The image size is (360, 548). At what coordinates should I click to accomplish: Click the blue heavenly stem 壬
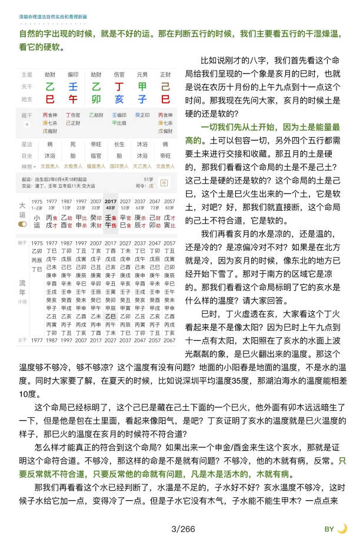click(73, 87)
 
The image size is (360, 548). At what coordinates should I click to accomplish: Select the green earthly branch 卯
click(96, 99)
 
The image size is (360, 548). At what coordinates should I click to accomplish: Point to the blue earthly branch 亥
click(119, 99)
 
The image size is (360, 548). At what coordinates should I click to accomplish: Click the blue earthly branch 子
click(142, 99)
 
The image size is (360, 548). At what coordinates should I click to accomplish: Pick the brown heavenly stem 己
click(165, 87)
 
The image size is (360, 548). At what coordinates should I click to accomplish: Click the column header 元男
click(142, 75)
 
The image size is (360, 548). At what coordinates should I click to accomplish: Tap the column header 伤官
click(119, 75)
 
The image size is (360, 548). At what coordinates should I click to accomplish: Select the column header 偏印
click(73, 75)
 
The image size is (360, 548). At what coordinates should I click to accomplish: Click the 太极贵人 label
click(73, 167)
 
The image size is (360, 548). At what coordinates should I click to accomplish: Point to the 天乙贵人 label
click(143, 167)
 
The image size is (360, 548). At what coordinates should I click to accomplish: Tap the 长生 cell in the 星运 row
click(119, 144)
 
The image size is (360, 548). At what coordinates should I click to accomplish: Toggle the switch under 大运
click(22, 224)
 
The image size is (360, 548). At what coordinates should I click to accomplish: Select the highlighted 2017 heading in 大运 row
click(111, 202)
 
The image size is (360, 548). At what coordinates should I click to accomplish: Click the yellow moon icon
click(342, 529)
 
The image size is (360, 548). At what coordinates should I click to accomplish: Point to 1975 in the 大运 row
click(37, 202)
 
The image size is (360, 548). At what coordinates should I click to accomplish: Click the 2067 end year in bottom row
click(169, 340)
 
